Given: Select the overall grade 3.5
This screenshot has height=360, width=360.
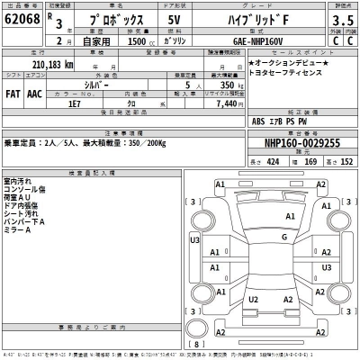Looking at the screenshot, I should coord(342,18).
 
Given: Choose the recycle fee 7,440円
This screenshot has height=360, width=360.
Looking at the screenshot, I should coord(229,104).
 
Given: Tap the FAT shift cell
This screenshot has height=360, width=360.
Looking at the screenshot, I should coord(13,93).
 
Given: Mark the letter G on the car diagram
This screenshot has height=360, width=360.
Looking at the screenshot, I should coord(283,237).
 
